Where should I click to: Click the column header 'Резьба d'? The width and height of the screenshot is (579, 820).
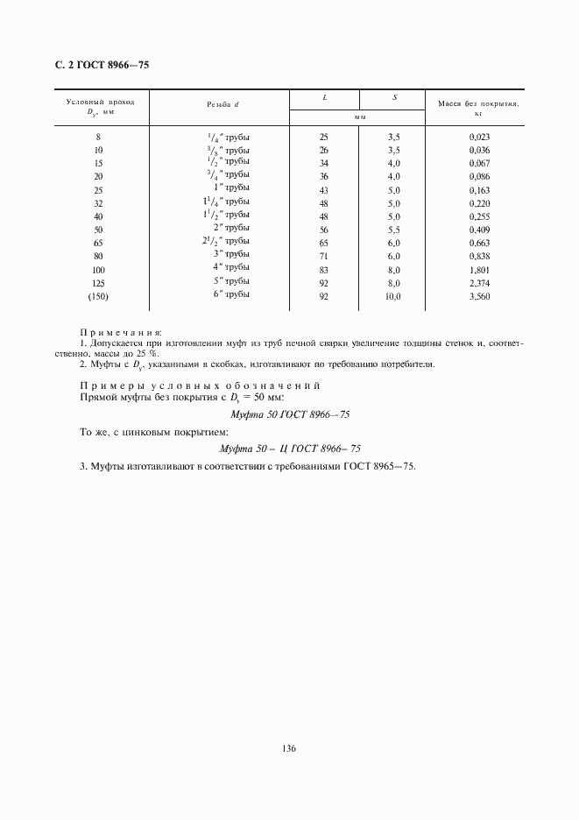tap(222, 104)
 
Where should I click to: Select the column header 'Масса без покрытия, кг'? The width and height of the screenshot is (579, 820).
tap(478, 108)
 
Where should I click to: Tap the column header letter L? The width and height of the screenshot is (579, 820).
tap(324, 96)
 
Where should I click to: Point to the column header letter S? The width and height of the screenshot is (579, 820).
tap(394, 96)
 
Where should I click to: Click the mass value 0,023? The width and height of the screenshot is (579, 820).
tap(479, 138)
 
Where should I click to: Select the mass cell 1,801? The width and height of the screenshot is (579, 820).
tap(479, 270)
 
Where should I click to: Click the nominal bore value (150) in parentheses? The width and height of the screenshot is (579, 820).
tap(97, 297)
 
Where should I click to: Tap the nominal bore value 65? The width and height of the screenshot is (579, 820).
tap(97, 244)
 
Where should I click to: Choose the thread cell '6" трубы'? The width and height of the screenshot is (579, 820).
tap(230, 294)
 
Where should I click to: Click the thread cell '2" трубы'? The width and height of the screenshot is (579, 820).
tap(231, 229)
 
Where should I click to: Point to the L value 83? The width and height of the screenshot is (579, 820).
tap(324, 270)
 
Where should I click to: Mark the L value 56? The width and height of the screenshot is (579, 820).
tap(324, 230)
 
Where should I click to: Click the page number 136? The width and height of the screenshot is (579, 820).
tap(289, 750)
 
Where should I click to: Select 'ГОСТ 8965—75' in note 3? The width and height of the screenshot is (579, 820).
tap(384, 466)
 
